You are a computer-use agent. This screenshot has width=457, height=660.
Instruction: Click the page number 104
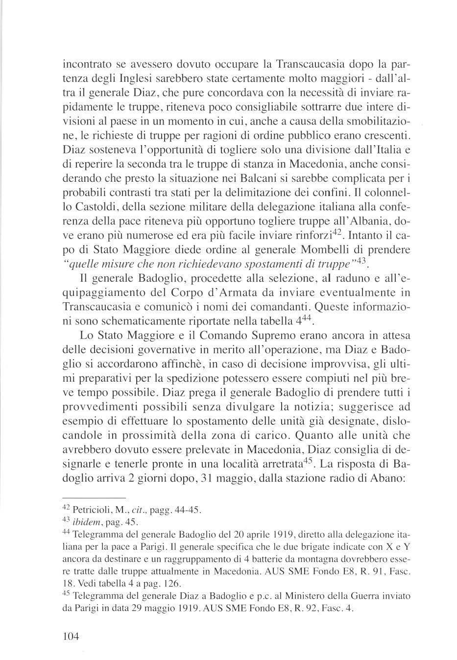tap(72, 637)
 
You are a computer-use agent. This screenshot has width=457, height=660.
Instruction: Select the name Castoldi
tap(95, 205)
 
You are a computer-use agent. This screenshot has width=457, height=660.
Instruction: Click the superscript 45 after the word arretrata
tap(308, 461)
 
